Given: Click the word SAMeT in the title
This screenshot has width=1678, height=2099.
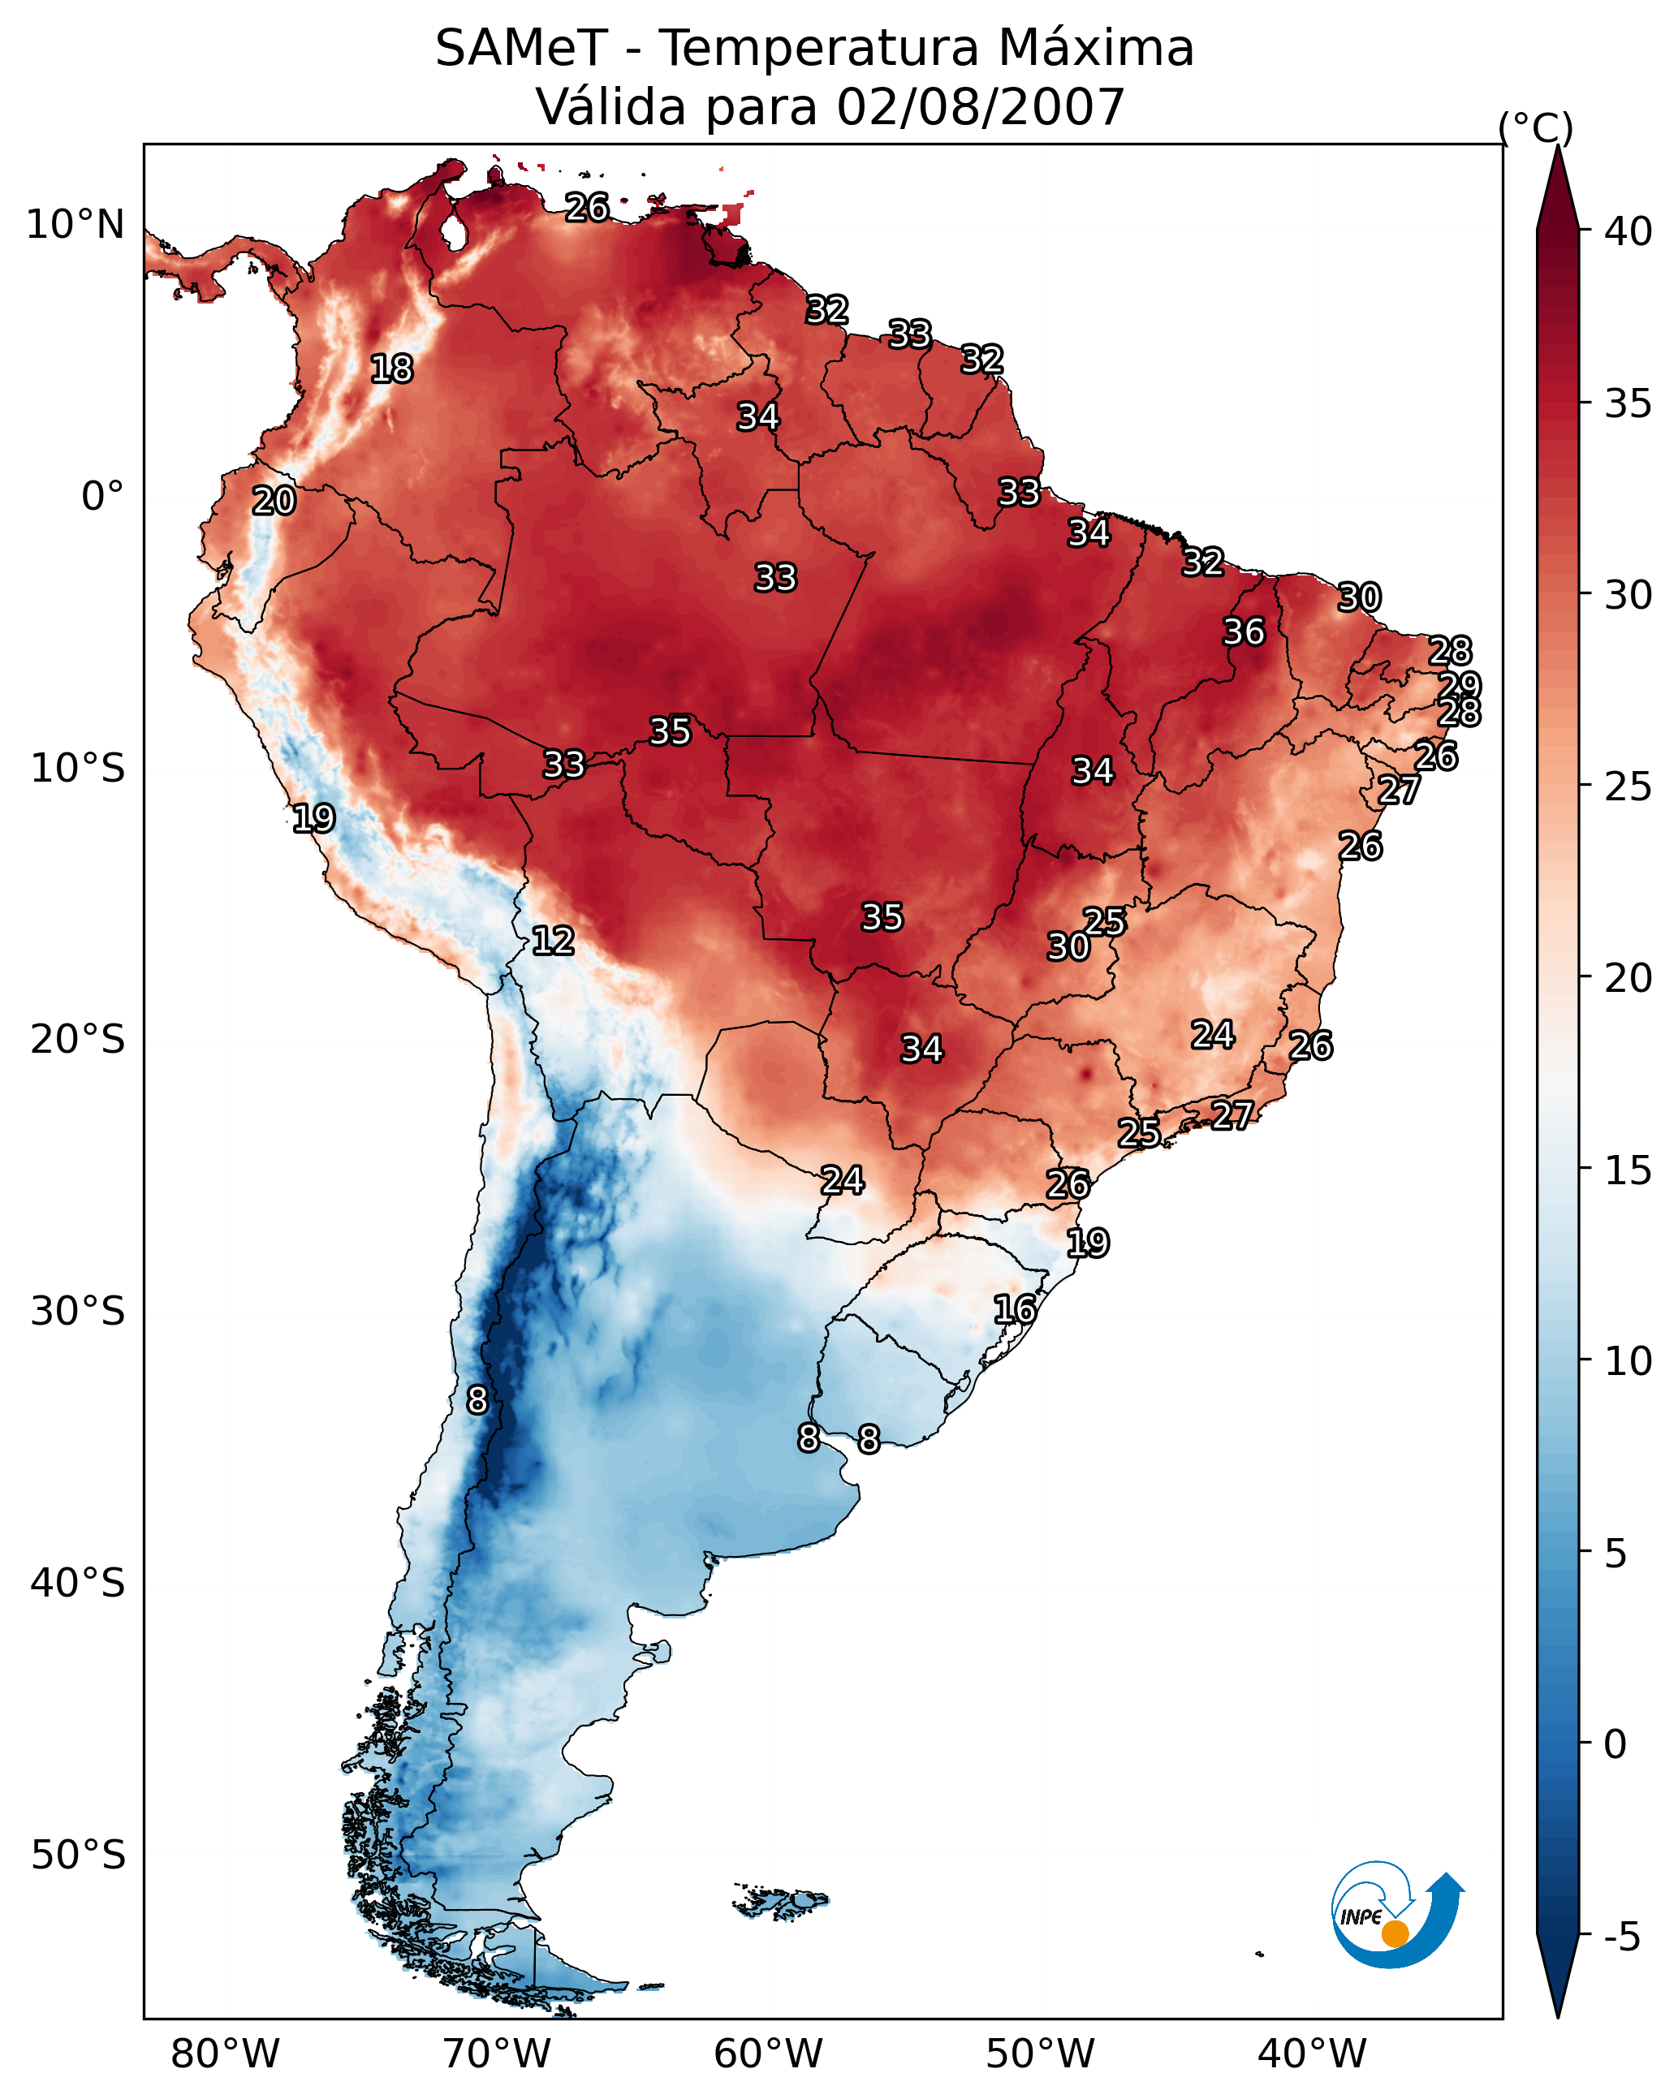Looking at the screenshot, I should (521, 49).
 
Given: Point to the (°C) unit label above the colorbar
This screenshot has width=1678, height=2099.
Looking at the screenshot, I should (1535, 127).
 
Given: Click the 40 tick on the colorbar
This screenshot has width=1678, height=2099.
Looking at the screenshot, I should (1628, 231).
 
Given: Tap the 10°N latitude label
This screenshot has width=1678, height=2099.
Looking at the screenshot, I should (75, 225).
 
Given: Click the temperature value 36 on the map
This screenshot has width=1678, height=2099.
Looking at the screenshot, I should (1244, 631).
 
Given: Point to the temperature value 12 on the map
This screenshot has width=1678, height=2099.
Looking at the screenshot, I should (552, 941).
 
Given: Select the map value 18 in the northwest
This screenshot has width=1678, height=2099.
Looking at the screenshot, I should (391, 369).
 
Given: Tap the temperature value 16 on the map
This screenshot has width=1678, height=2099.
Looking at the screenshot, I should (1014, 1309).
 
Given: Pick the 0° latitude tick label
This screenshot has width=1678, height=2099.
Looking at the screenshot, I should (102, 497).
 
